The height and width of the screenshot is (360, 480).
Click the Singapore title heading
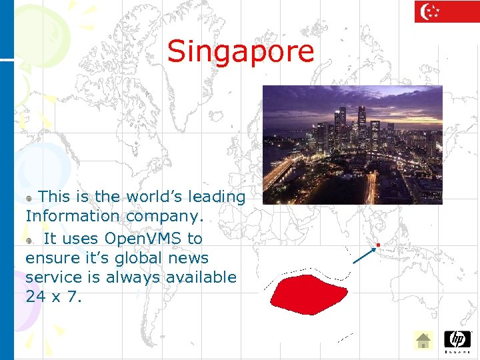pos(240,51)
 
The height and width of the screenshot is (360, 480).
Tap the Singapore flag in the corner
pos(447,11)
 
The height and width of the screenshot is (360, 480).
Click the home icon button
pos(423,341)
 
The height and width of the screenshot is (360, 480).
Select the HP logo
pos(457,340)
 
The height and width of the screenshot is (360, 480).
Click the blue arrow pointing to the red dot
pos(364,255)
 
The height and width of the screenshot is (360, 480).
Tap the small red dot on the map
pos(377,245)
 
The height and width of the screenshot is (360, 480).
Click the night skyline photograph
pos(352,145)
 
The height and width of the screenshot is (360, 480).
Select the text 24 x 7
pos(53,297)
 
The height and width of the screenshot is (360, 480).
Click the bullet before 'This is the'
pos(29,199)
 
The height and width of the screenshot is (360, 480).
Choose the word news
pos(189,257)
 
